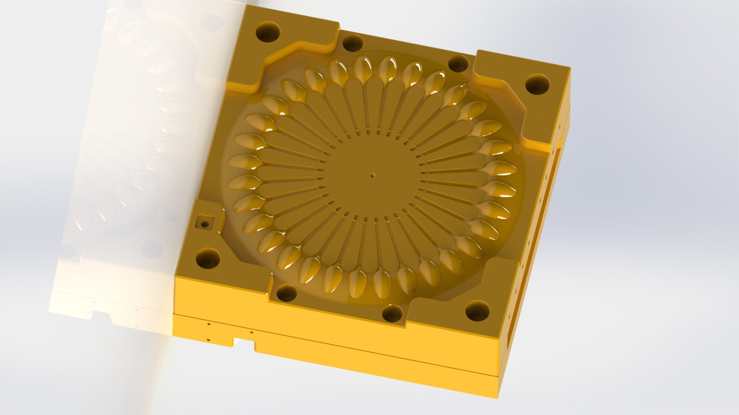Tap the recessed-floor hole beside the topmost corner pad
(353, 43)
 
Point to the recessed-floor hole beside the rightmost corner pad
(458, 63)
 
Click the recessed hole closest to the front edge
(393, 313)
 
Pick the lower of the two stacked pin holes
(208, 340)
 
